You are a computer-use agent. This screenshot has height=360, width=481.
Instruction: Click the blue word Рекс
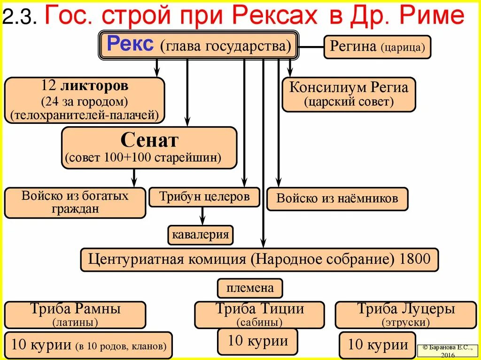pos(130,45)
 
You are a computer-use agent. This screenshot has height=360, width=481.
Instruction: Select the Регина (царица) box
pos(377,47)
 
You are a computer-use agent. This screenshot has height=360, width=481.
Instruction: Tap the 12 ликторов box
pos(85,100)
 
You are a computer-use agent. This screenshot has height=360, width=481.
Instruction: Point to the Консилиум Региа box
pos(349,94)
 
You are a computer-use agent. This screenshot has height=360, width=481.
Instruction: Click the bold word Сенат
pos(149,140)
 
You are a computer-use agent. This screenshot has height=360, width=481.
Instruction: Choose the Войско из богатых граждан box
pos(75,202)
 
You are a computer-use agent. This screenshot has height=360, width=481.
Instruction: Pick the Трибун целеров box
pos(204,197)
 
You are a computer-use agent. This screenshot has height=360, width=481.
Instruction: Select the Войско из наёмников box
pos(337,199)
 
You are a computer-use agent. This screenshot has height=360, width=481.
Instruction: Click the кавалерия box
pos(201,235)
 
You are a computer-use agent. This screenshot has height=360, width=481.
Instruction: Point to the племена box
pos(249,288)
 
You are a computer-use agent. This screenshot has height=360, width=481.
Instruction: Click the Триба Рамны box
pos(75,314)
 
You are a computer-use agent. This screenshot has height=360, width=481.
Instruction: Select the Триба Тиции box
pos(259,314)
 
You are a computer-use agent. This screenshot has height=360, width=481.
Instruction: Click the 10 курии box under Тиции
pos(257,341)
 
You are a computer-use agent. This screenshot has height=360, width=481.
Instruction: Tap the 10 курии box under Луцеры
pos(378,345)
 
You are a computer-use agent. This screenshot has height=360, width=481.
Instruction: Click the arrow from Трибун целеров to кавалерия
pos(202,216)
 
